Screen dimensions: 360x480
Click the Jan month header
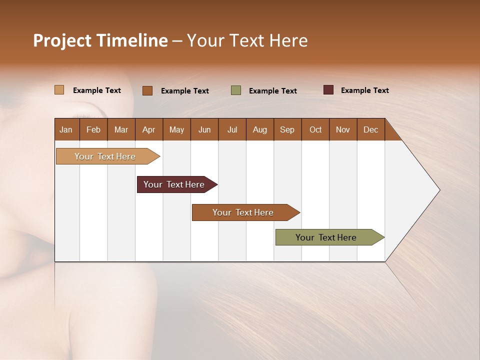click(66, 129)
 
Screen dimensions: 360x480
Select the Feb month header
click(93, 129)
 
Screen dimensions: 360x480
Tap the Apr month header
click(149, 129)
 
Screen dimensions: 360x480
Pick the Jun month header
click(204, 129)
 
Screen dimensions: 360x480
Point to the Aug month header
click(260, 129)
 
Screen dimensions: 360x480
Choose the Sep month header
click(287, 129)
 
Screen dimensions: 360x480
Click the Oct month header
click(315, 129)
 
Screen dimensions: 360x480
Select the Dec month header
click(371, 129)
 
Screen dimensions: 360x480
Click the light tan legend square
click(59, 90)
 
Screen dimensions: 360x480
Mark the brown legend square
click(147, 90)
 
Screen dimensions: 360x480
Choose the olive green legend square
click(236, 90)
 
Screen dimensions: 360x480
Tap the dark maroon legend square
click(328, 90)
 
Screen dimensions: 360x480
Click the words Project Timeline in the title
click(100, 40)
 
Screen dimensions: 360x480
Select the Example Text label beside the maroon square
click(364, 90)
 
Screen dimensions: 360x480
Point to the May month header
click(176, 129)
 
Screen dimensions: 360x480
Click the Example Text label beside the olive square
click(272, 91)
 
